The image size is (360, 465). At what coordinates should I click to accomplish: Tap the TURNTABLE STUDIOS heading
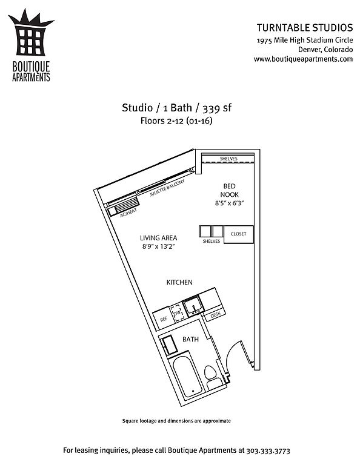coord(305,28)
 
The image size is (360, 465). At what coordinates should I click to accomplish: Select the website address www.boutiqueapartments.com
coord(303,59)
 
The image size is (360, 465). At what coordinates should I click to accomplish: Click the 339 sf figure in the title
coord(217,108)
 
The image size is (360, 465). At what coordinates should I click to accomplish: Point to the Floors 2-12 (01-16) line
coord(176,121)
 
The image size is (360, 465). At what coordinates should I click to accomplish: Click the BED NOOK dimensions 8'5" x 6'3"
coord(230,203)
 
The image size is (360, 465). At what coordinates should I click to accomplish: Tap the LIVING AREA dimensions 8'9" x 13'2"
coord(158,246)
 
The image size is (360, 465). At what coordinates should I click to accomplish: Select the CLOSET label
coord(238,234)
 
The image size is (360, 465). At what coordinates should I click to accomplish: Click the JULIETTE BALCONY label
coord(167,188)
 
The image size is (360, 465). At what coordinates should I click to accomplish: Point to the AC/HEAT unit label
coord(128,213)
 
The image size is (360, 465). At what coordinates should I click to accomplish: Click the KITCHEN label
coord(179,282)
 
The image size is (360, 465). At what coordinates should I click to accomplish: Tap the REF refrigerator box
coord(162,319)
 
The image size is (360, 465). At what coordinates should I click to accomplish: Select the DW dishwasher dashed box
coord(177,313)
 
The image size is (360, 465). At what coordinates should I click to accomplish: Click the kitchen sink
coord(193,305)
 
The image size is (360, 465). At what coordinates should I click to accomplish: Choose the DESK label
coord(216,315)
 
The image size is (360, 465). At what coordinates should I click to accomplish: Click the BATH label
coord(190,339)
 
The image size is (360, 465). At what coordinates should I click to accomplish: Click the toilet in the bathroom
coord(212,378)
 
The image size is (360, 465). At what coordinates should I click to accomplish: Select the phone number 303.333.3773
coord(268,450)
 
